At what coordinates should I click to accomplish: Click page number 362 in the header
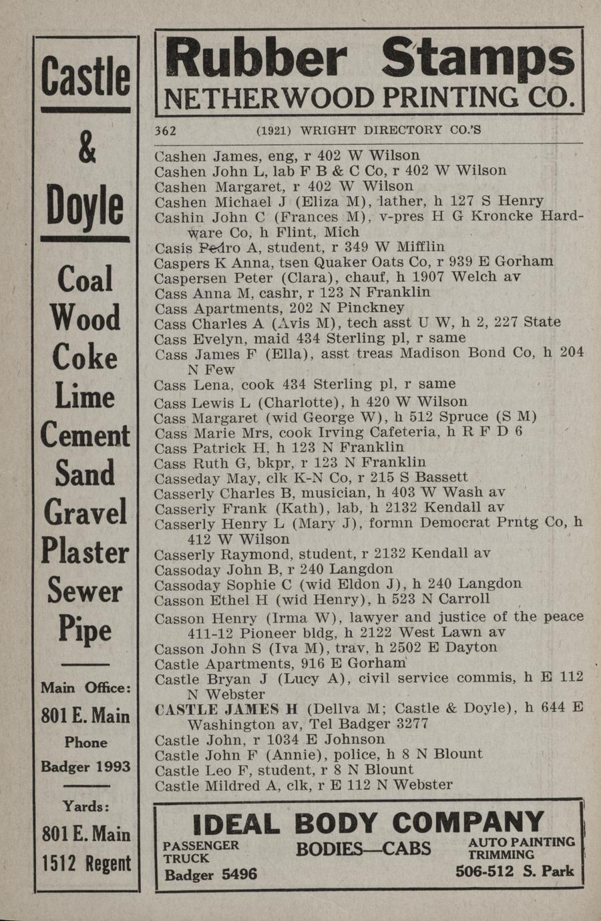(165, 130)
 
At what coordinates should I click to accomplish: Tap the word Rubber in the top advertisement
(256, 58)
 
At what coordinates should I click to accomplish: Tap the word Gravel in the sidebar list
(85, 512)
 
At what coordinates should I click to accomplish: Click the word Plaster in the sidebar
(85, 551)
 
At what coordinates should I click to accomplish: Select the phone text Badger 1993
(85, 766)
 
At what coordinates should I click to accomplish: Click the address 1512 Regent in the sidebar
(86, 863)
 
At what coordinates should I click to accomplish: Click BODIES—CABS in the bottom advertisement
(363, 849)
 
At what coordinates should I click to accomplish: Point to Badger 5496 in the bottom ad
(211, 874)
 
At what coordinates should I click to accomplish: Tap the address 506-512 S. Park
(514, 871)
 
